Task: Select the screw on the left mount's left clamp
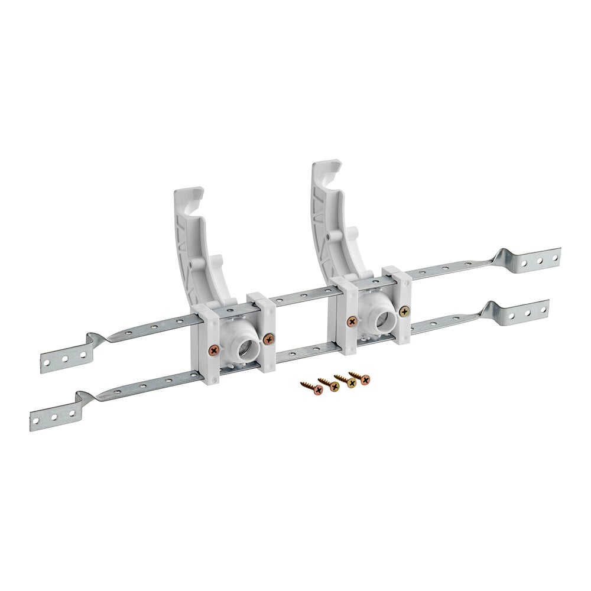(213, 350)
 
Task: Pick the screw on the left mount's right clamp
(269, 339)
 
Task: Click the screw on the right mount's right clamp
(404, 311)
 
